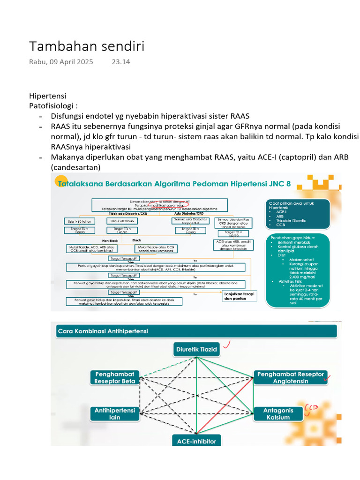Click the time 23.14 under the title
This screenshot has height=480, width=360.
pyautogui.click(x=120, y=62)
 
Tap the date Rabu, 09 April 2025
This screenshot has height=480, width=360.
pyautogui.click(x=61, y=62)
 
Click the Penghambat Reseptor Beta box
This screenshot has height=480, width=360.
pyautogui.click(x=115, y=377)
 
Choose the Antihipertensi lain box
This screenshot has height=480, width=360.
pyautogui.click(x=115, y=413)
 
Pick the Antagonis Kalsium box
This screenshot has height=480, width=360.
pyautogui.click(x=278, y=413)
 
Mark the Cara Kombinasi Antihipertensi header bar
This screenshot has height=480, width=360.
pyautogui.click(x=196, y=331)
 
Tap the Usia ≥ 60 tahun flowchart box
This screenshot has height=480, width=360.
pyautogui.click(x=78, y=221)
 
